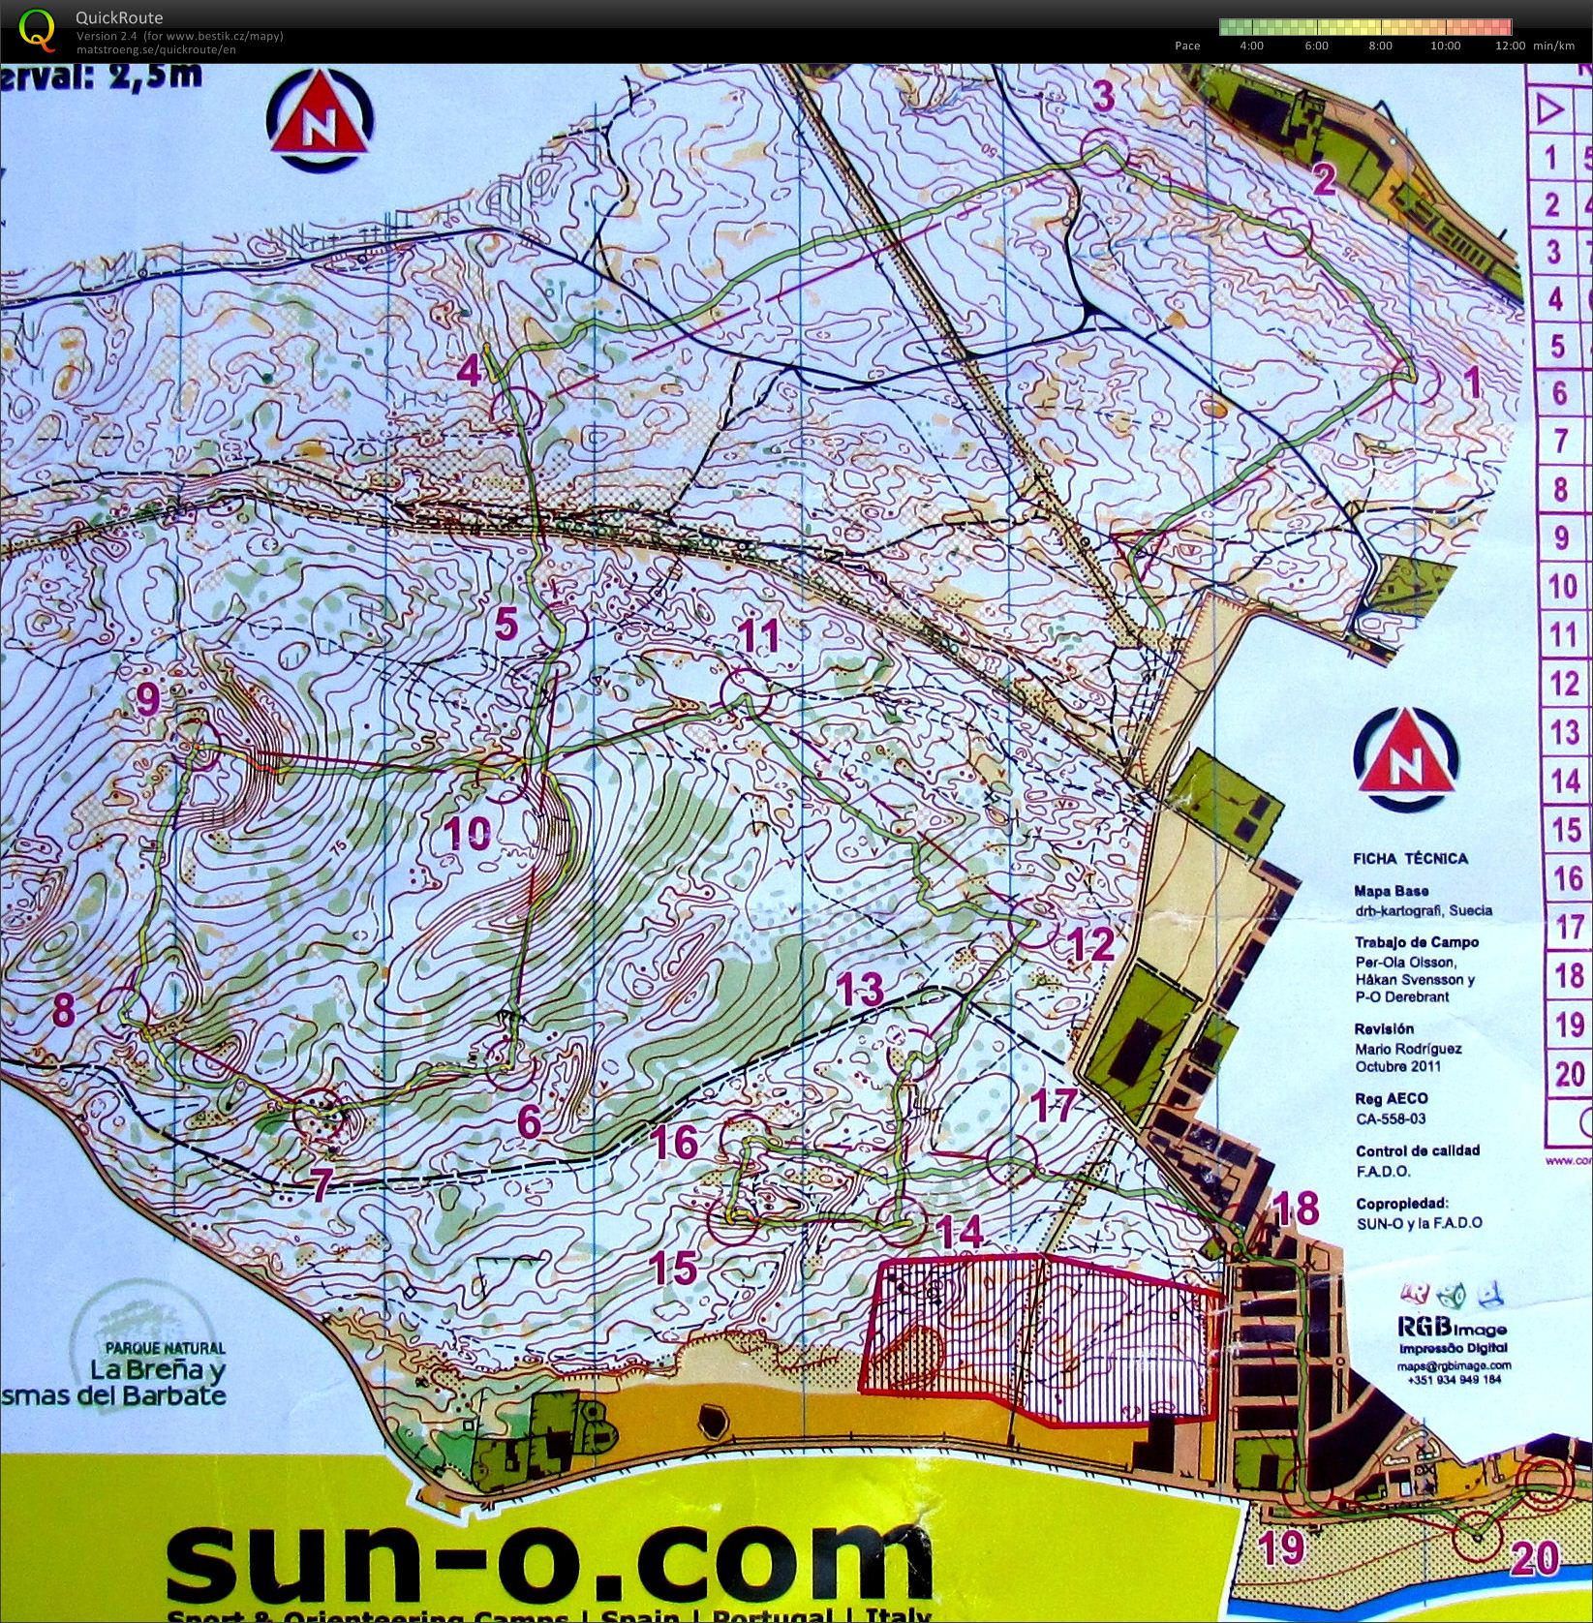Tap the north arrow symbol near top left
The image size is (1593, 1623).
pyautogui.click(x=320, y=123)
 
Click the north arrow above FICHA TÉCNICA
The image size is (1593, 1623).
pyautogui.click(x=1406, y=758)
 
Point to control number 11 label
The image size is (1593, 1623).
pyautogui.click(x=760, y=636)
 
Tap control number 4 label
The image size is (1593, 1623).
pyautogui.click(x=470, y=370)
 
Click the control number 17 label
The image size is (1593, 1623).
pyautogui.click(x=1053, y=1104)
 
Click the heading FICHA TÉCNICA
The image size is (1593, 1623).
pyautogui.click(x=1410, y=858)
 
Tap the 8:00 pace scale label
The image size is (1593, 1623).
pyautogui.click(x=1380, y=46)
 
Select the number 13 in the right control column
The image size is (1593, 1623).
pyautogui.click(x=1564, y=732)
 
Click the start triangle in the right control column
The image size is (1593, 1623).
pyautogui.click(x=1552, y=108)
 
